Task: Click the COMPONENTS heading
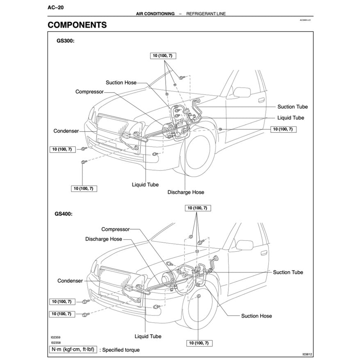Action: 77,25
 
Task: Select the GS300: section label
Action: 65,41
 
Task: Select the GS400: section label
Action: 64,214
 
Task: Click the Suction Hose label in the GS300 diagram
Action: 121,82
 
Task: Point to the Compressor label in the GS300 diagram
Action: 89,92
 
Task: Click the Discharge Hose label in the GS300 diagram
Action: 186,192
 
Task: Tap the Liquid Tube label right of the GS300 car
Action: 290,118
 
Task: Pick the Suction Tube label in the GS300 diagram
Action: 292,107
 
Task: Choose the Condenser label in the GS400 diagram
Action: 70,281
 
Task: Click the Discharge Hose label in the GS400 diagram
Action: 104,239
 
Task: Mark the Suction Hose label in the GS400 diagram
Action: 256,316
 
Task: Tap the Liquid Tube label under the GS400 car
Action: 148,336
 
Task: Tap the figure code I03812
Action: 307,355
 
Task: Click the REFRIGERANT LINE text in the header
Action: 206,14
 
